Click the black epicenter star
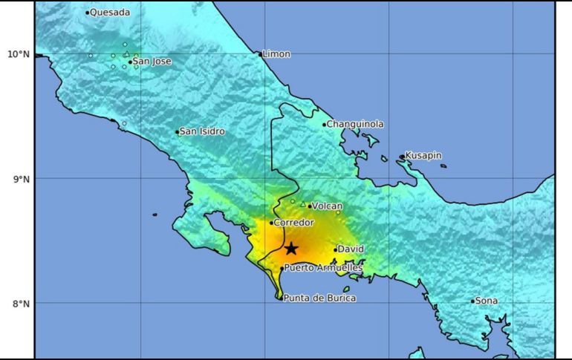coord(291,249)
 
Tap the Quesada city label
coord(110,12)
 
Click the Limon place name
coord(276,54)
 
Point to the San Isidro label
coord(202,131)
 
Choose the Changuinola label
coord(355,124)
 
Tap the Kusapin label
coord(423,156)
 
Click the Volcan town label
coord(328,206)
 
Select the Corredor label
coord(294,222)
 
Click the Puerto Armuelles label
coord(323,268)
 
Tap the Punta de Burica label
coord(319,298)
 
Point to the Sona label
coord(487,301)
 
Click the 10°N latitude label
coord(19,53)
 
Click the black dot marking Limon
coord(260,54)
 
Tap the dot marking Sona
coord(472,301)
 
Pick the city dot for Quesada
coord(87,13)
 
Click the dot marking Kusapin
coord(402,157)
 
